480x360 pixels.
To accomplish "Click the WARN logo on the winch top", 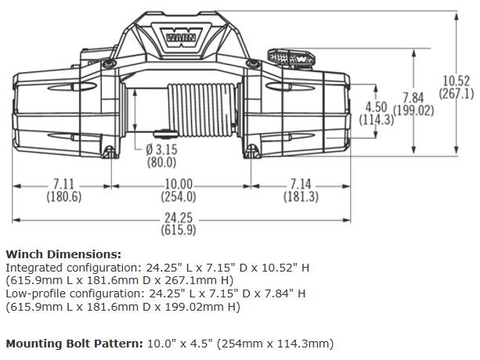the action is coord(181,38).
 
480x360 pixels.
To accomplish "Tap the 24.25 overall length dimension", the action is coord(179,218).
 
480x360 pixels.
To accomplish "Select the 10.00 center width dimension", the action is coord(179,185).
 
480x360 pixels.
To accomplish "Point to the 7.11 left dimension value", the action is coord(63,185).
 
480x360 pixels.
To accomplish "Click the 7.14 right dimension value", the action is coord(301,185).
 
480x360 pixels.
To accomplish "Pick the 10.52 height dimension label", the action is coord(457,81).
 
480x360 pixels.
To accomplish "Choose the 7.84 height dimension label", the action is coord(413,98).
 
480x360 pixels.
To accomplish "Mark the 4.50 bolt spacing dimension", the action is coord(377,107).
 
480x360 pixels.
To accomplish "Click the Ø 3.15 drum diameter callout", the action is coord(161,149).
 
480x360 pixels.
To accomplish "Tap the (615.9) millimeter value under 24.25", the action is coord(179,230).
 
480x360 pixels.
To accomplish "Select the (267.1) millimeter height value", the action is coord(457,93).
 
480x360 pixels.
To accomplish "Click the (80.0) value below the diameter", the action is coord(161,162).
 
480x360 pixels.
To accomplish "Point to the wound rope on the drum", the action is coord(202,110).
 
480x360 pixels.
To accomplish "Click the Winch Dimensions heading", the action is coord(63,254).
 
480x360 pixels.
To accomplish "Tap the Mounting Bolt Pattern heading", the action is coord(74,344).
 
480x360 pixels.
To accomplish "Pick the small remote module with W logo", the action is coord(291,58).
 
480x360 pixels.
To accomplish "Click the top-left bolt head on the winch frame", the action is coord(108,64).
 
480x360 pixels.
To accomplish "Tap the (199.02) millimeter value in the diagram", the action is coord(413,110).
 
